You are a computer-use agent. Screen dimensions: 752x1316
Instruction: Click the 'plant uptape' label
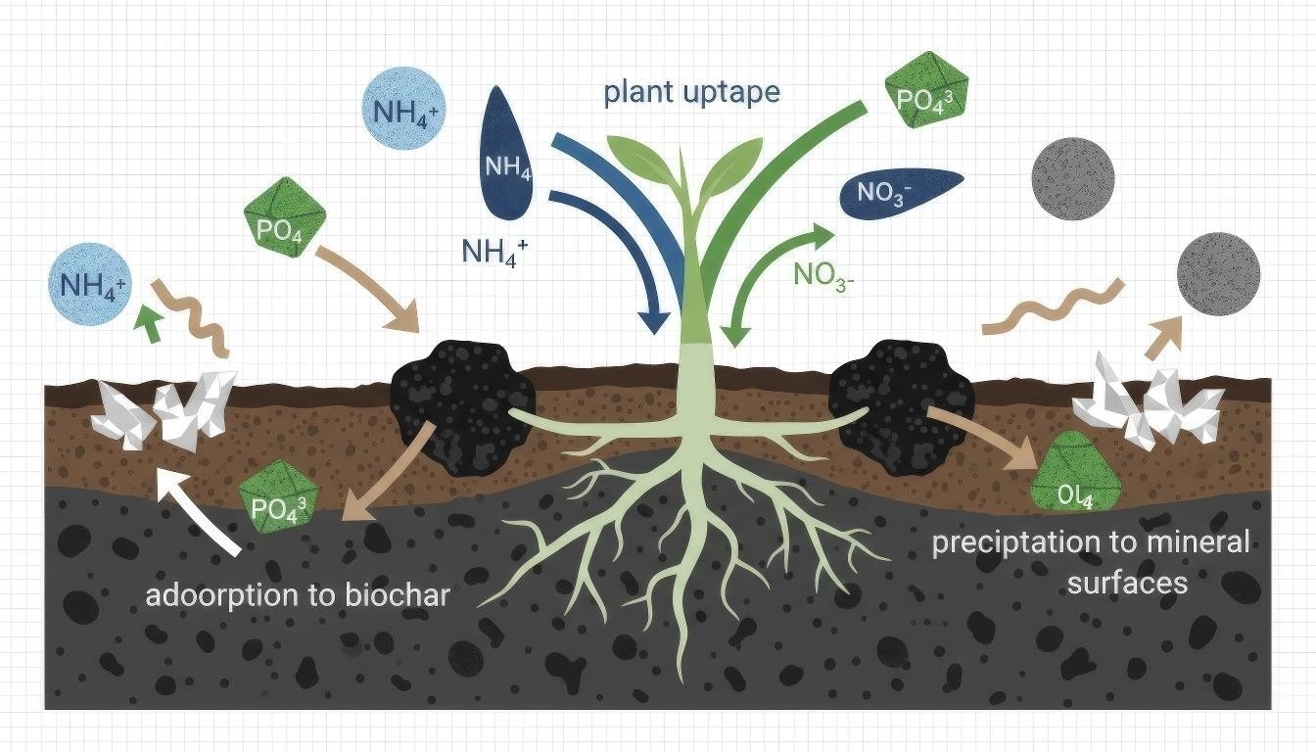[x=691, y=93]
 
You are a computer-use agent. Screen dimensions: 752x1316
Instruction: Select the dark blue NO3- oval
[x=901, y=192]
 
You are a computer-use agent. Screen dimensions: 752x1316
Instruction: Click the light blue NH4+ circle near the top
[x=403, y=114]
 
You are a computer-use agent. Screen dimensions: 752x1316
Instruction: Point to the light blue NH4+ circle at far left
[x=92, y=285]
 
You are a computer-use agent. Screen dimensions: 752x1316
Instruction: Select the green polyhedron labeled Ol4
[x=1074, y=474]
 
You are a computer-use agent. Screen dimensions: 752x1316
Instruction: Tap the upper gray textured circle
[x=1072, y=176]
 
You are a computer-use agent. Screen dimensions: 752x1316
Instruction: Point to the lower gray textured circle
[x=1217, y=273]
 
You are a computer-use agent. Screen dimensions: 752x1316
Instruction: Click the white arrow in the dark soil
[x=201, y=509]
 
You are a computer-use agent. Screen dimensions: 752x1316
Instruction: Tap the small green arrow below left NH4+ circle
[x=149, y=324]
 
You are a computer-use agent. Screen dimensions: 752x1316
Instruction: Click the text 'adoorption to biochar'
[x=297, y=594]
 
